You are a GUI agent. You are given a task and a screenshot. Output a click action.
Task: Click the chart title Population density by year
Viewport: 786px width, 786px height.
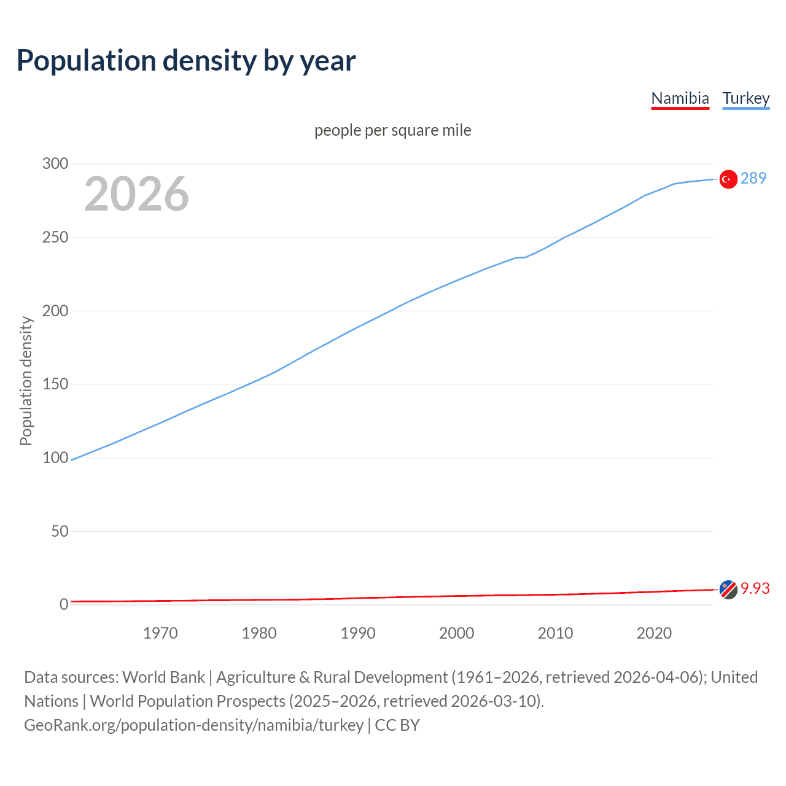click(186, 61)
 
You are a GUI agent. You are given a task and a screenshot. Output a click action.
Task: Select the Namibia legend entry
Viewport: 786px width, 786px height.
click(680, 98)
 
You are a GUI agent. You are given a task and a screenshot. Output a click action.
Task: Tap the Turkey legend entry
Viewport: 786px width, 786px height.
click(745, 98)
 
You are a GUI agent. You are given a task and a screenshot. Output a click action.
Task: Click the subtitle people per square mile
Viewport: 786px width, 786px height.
click(392, 130)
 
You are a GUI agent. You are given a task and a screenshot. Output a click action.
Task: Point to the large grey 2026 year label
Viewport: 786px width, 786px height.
click(136, 194)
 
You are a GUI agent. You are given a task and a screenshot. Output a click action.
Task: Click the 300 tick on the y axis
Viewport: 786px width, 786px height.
click(55, 163)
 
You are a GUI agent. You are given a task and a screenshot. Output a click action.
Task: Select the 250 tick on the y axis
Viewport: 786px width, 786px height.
click(55, 237)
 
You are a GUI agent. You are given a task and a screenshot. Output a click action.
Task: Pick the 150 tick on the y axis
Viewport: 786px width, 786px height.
click(55, 384)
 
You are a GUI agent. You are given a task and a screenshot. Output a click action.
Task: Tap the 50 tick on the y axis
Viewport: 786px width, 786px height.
click(60, 531)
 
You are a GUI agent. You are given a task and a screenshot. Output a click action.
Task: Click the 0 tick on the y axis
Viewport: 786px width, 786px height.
click(64, 604)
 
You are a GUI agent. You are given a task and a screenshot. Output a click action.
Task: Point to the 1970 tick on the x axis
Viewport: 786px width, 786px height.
click(160, 633)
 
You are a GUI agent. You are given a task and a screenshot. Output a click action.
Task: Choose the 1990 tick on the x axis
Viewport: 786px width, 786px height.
click(358, 633)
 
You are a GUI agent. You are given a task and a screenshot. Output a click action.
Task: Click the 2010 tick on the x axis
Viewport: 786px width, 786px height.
click(555, 633)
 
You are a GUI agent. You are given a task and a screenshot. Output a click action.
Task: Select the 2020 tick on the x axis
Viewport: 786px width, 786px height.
click(654, 633)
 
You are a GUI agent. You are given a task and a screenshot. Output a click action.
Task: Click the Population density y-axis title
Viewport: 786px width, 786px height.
click(26, 381)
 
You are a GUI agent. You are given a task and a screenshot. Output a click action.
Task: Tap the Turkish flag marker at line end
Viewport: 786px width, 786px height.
click(728, 179)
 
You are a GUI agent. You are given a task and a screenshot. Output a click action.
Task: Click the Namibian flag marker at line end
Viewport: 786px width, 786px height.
click(728, 589)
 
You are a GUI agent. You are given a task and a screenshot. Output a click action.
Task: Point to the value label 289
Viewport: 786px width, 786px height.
click(753, 178)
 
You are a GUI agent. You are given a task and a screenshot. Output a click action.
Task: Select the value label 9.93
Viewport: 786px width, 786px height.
click(755, 588)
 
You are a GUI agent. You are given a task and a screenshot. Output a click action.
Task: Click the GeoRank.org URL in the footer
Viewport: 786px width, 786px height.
click(194, 725)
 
